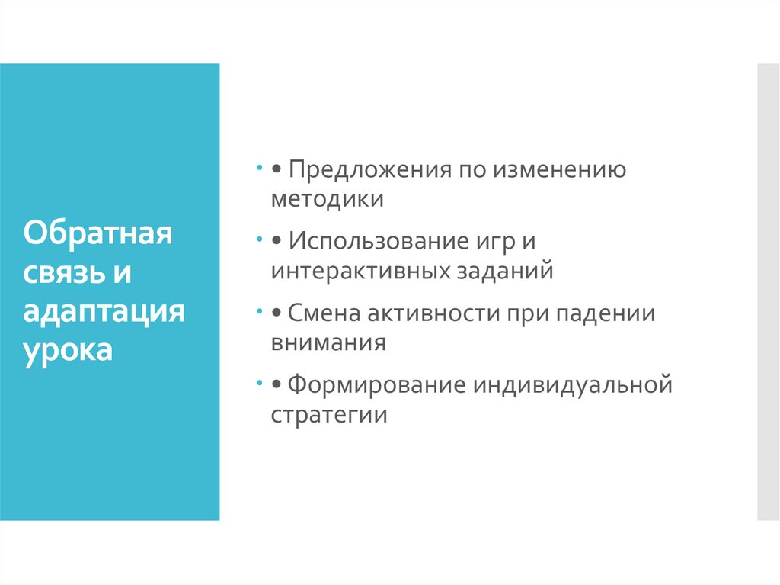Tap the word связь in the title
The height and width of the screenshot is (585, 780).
point(62,272)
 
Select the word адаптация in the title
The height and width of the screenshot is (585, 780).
point(104,312)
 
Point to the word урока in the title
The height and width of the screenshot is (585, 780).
point(69,352)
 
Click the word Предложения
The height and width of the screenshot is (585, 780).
point(369,169)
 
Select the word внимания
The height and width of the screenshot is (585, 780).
point(328,342)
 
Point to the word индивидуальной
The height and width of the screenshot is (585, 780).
point(573,386)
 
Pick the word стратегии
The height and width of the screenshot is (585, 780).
point(329,415)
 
